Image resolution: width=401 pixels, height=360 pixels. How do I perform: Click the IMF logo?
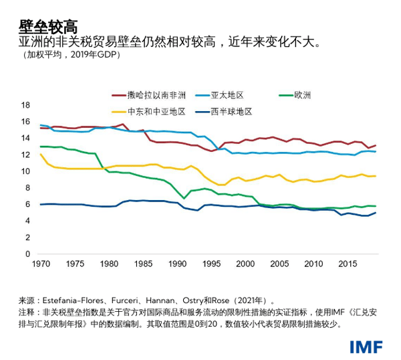click(365, 347)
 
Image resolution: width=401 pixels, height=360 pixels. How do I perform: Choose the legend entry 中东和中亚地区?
click(156, 111)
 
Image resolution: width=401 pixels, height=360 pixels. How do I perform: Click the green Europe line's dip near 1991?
click(184, 199)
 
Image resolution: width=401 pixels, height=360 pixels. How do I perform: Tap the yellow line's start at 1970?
click(41, 155)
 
